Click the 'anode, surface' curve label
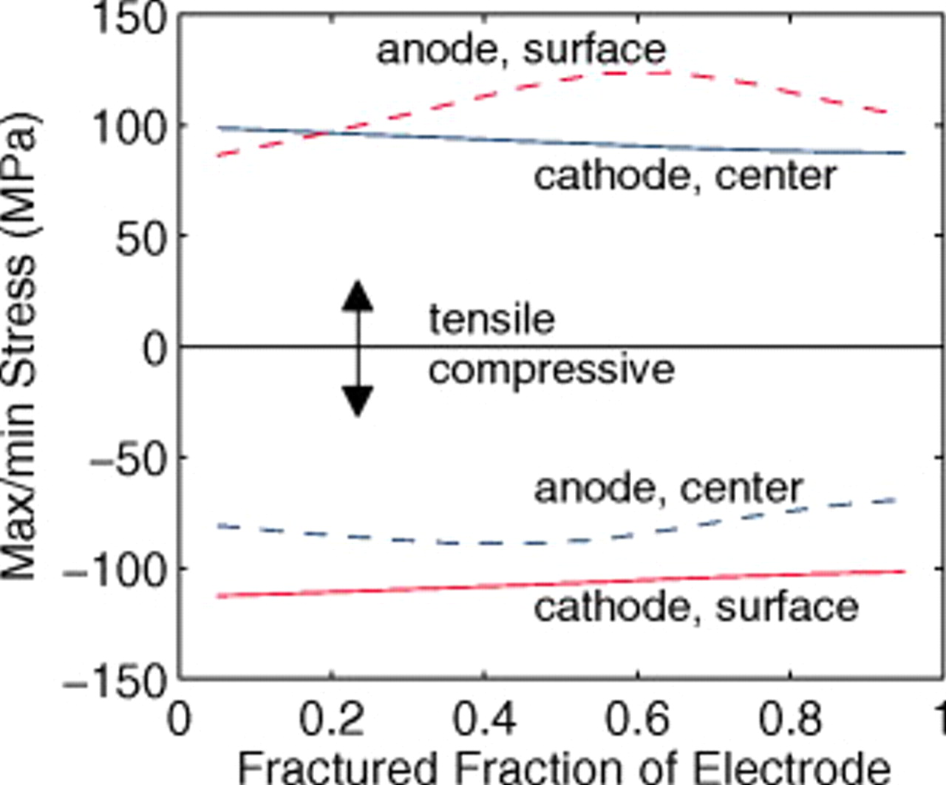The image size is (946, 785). pos(521,50)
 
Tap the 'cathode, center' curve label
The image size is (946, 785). pos(685,177)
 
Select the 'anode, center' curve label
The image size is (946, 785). pos(668,489)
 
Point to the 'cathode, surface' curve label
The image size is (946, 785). pos(696,607)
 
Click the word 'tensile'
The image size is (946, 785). pos(492,319)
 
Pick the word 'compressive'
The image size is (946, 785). pos(551,369)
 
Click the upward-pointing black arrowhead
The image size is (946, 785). pos(358,295)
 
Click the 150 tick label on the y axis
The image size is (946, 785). pos(129,18)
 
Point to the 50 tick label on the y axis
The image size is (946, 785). pos(142,238)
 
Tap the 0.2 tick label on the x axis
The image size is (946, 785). pos(332,719)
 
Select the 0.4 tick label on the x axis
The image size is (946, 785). pos(484,719)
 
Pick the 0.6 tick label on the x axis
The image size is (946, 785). pos(637,719)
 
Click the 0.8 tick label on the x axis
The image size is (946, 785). pos(790,719)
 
